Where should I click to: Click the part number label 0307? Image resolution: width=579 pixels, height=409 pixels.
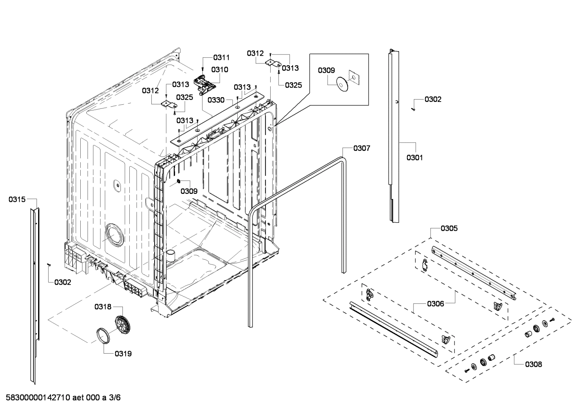[x=361, y=149]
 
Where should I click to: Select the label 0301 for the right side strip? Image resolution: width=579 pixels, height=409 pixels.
[x=414, y=158]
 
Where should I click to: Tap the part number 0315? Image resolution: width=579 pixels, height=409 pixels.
[x=17, y=199]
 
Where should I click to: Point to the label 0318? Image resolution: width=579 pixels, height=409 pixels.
[x=103, y=307]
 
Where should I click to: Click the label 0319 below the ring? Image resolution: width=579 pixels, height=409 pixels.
[x=123, y=354]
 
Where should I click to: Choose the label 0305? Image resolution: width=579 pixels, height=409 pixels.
[x=449, y=228]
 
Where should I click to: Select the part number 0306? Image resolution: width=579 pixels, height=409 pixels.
[x=435, y=304]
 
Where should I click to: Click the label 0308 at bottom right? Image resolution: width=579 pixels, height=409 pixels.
[x=533, y=364]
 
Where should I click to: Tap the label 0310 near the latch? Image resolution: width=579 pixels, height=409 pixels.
[x=220, y=69]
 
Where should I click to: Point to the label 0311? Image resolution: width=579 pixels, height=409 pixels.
[x=221, y=57]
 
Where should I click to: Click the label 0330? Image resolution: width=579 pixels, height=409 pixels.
[x=216, y=100]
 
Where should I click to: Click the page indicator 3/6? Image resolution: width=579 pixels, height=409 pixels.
[x=114, y=398]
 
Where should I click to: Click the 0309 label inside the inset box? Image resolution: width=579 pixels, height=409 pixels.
[x=326, y=70]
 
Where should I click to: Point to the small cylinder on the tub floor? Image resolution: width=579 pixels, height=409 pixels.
[x=171, y=255]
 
